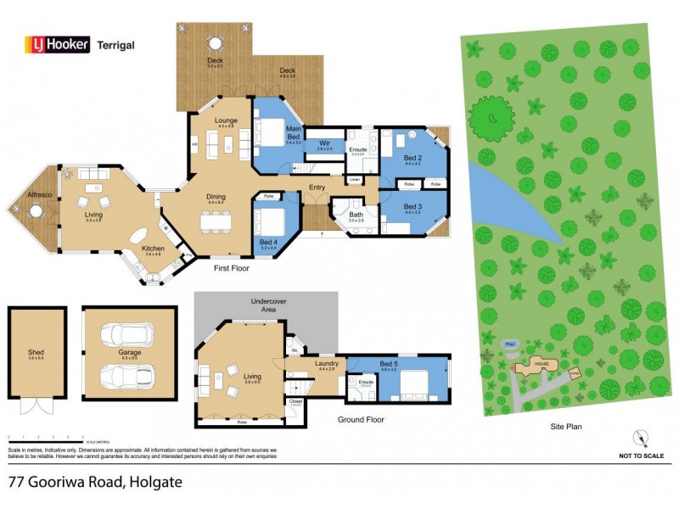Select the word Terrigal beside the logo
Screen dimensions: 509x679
116,46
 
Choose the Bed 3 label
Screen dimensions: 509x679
412,207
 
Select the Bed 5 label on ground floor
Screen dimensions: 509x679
389,366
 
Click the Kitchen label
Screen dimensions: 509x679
154,249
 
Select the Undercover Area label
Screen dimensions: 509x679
267,306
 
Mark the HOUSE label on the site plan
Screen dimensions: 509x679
542,363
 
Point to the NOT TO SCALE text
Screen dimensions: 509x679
642,456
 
